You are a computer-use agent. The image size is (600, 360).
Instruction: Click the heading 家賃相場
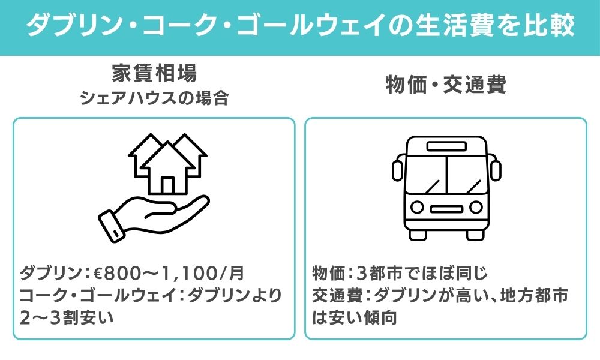(154, 73)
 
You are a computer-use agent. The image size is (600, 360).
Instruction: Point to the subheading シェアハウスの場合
(154, 98)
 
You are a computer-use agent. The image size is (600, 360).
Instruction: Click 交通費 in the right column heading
(475, 84)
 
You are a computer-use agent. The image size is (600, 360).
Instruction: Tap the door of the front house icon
(167, 185)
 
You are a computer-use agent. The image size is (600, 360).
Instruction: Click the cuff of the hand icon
(111, 226)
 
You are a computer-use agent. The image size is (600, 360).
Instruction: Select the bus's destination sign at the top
(446, 146)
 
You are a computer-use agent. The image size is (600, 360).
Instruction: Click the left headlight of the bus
(417, 208)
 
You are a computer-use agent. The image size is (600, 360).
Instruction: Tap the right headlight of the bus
(476, 208)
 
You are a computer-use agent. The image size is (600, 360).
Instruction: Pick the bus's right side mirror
(496, 170)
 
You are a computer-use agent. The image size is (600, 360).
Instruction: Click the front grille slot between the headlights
(446, 209)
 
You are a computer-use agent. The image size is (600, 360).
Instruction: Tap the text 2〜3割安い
(67, 317)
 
